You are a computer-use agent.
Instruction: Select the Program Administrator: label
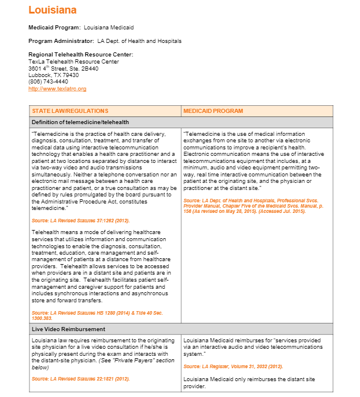click(x=61, y=41)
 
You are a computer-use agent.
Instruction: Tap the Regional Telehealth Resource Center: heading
click(x=81, y=55)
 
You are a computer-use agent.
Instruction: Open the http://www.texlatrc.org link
click(x=57, y=89)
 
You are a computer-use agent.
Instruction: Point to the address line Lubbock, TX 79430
click(x=54, y=75)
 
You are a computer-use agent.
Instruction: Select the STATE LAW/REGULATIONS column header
click(x=70, y=111)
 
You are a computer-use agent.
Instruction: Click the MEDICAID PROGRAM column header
click(x=213, y=111)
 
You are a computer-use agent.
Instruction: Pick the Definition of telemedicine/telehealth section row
click(x=80, y=122)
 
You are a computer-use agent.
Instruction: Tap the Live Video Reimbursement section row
click(x=69, y=329)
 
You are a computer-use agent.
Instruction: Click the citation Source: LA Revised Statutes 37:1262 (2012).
click(x=81, y=220)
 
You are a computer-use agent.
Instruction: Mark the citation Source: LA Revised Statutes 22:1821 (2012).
click(x=81, y=378)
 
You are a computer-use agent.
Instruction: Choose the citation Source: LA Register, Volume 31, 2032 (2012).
click(x=233, y=366)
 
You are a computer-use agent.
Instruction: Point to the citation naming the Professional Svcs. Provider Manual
click(x=253, y=206)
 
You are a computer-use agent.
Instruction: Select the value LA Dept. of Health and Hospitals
click(x=139, y=41)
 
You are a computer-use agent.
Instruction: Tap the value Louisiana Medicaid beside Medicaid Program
click(x=109, y=28)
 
